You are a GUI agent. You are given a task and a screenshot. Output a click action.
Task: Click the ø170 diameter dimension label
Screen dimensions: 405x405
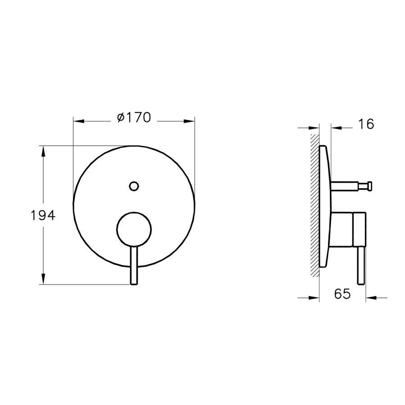(134, 117)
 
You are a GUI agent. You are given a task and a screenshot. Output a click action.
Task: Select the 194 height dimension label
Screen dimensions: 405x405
(43, 215)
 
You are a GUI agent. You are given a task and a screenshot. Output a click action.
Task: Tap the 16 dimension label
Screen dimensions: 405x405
(366, 124)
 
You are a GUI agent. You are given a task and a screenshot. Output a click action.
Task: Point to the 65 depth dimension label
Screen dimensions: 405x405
(342, 294)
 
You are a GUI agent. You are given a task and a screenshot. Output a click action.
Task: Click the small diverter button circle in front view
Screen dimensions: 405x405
(134, 186)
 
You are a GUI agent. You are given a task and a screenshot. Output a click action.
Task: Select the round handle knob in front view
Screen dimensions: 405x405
(134, 229)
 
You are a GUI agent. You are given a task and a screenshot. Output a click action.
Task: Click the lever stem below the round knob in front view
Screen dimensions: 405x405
(134, 265)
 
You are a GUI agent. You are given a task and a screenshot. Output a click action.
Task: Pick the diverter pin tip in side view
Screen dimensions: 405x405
(370, 186)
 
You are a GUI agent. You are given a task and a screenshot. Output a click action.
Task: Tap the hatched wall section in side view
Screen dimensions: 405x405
(315, 205)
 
